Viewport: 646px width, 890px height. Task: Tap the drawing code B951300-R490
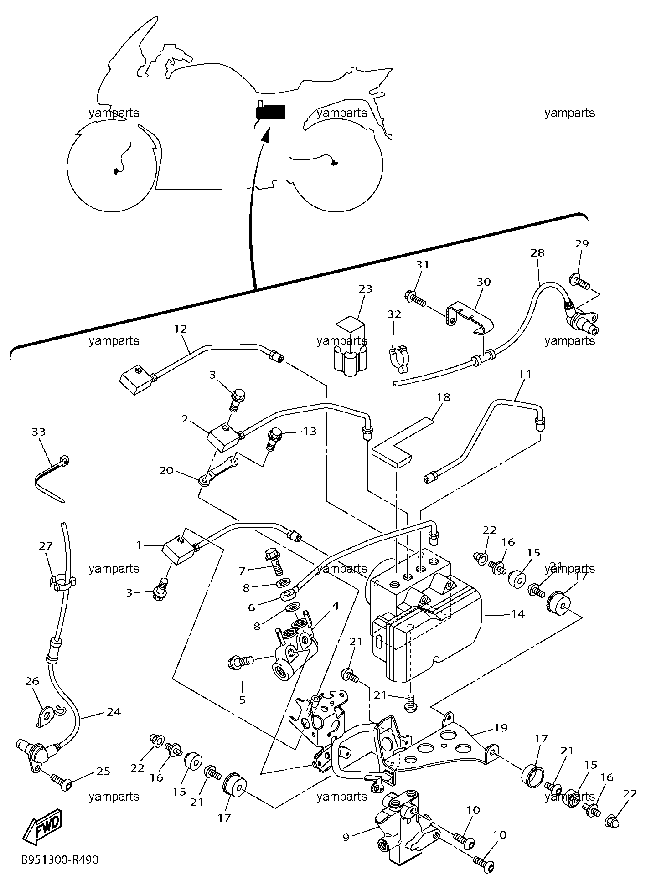(x=59, y=860)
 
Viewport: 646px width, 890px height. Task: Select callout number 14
(x=518, y=614)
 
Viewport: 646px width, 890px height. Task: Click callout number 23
(x=366, y=288)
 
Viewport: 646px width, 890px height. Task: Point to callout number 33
(x=39, y=431)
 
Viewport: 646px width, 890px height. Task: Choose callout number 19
(x=501, y=728)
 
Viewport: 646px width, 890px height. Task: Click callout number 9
(x=346, y=837)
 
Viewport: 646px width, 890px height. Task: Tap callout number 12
(x=181, y=329)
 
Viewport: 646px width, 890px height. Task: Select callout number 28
(x=538, y=252)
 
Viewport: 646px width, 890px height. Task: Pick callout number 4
(x=335, y=606)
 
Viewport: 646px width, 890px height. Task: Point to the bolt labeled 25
(x=62, y=781)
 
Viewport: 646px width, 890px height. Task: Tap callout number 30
(x=484, y=282)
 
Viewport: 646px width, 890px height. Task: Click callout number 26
(x=32, y=694)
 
